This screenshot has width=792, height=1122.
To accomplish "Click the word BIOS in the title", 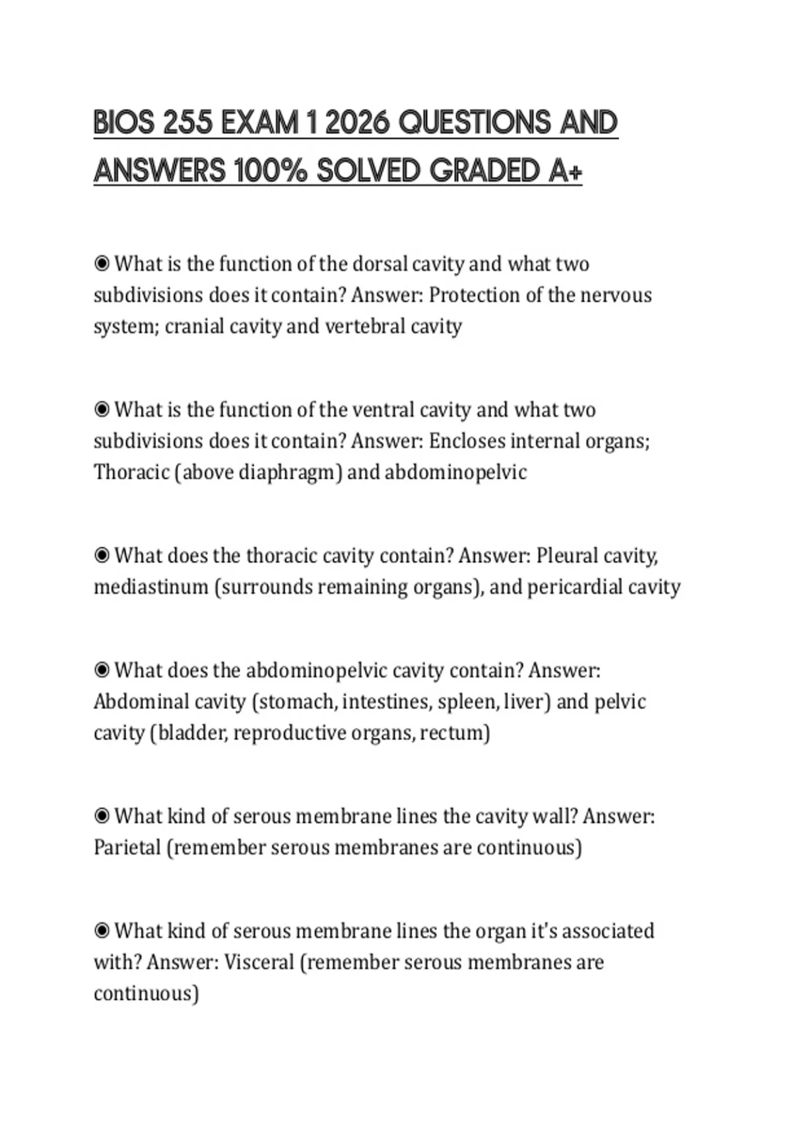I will click(x=124, y=123).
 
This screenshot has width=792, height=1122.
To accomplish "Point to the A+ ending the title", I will click(x=566, y=172).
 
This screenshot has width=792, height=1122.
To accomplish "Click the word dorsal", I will click(x=380, y=264).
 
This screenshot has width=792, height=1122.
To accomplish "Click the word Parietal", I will click(x=127, y=847).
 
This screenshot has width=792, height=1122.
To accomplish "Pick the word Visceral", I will click(x=259, y=962).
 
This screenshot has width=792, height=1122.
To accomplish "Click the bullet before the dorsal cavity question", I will click(x=102, y=264).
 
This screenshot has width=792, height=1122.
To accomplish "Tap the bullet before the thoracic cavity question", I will click(x=102, y=556).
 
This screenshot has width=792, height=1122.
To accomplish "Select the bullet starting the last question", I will click(x=102, y=931).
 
